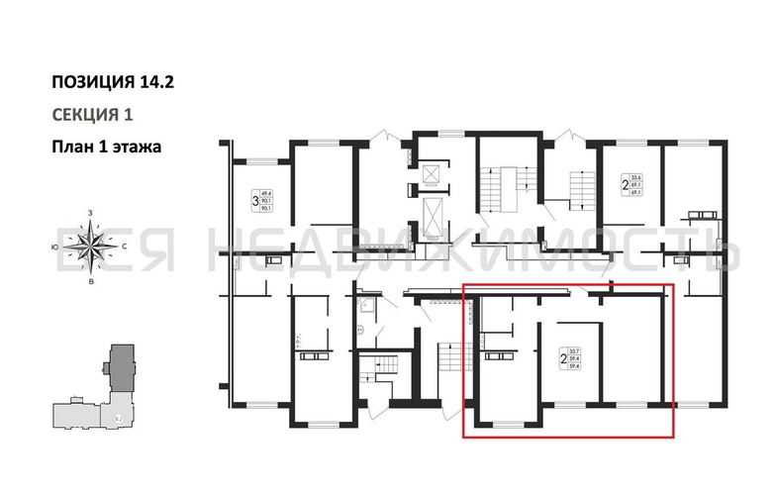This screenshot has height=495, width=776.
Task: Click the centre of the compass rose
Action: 91,245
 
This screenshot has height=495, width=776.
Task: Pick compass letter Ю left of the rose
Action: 54,245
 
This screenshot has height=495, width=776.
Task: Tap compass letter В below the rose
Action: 91,281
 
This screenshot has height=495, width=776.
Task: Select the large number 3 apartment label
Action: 255,203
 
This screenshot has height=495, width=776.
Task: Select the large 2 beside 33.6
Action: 625,184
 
